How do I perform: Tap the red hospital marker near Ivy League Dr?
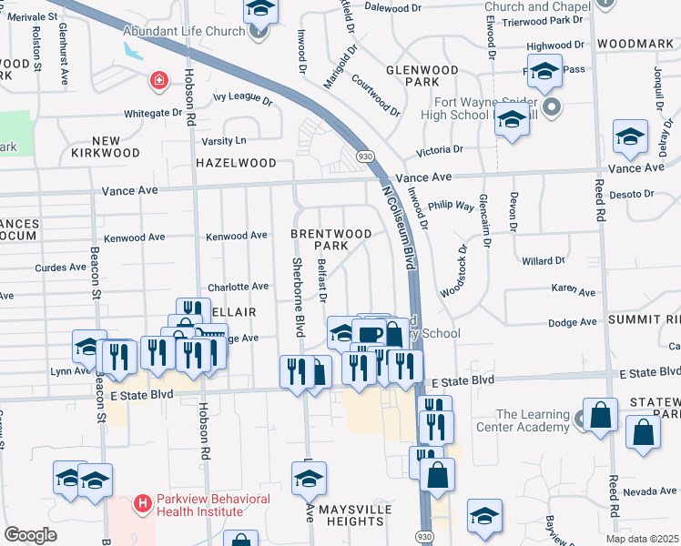159,81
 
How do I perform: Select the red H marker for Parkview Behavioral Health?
142,502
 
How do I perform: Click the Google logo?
31,534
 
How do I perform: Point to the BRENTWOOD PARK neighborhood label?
331,240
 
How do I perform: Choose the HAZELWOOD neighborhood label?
236,163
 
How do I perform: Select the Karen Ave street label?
574,292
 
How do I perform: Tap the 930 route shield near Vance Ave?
361,157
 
